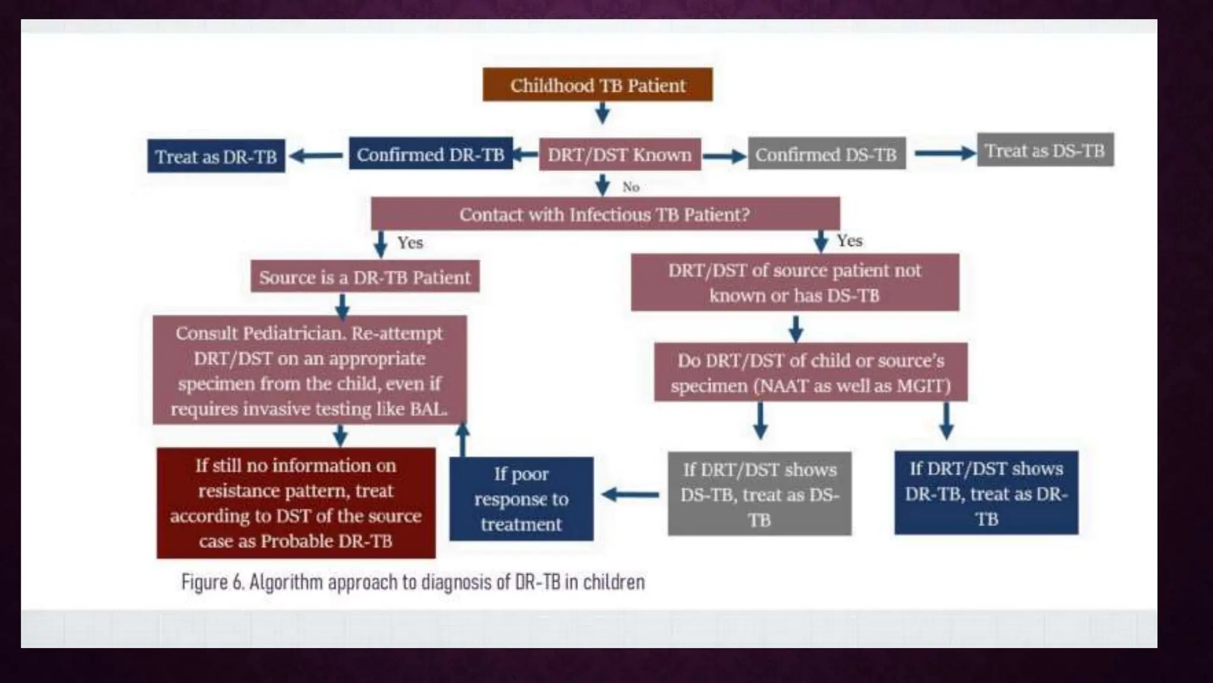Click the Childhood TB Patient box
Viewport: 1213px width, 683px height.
[x=598, y=85]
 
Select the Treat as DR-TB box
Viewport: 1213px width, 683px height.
[x=216, y=157]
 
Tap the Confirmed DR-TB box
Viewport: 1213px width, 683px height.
[x=431, y=154]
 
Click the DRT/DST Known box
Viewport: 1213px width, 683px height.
[x=620, y=155]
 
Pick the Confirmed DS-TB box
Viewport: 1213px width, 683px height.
[x=826, y=154]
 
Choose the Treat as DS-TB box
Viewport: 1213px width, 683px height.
[x=1045, y=151]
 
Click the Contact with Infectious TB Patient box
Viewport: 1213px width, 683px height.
[x=605, y=214]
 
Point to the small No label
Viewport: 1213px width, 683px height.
[x=631, y=187]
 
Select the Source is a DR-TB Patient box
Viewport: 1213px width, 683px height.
[x=365, y=277]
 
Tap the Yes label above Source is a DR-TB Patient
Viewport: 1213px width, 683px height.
[x=410, y=242]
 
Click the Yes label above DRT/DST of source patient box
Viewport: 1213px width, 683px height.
[x=849, y=241]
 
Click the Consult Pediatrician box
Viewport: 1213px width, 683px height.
[x=309, y=371]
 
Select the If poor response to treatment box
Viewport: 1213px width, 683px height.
[x=521, y=499]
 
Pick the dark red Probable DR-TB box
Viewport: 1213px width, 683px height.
[x=296, y=503]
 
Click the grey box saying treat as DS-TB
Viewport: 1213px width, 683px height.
[x=759, y=494]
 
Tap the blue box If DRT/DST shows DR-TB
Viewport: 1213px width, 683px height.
[x=986, y=493]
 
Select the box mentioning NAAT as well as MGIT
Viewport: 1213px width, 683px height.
[x=810, y=372]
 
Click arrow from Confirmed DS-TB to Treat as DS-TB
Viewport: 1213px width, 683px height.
[x=944, y=154]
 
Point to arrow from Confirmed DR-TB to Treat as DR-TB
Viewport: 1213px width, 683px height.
[x=316, y=156]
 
